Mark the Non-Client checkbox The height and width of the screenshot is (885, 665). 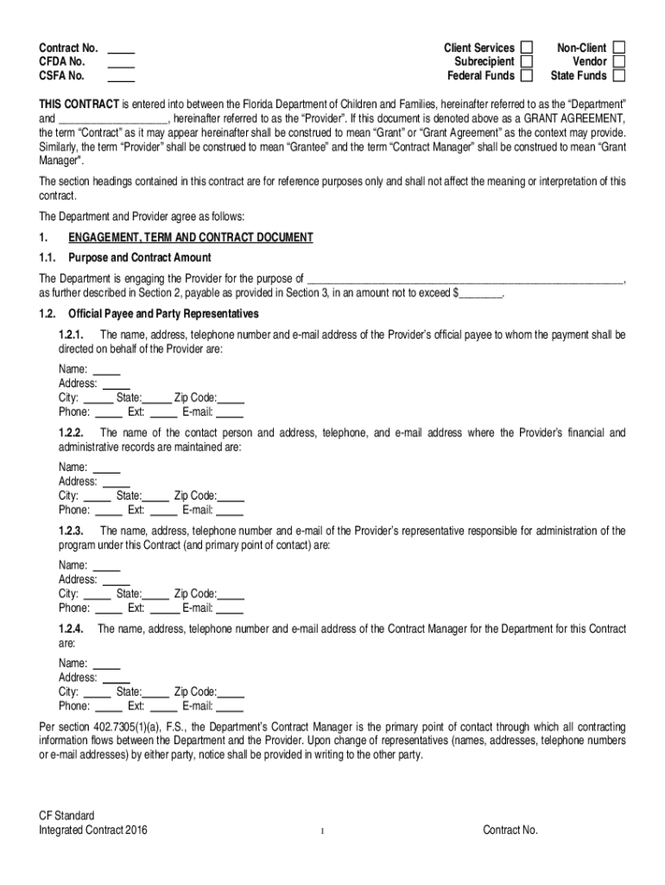click(x=618, y=48)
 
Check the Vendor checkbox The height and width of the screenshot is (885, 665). click(x=618, y=61)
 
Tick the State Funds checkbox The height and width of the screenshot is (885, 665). click(x=618, y=76)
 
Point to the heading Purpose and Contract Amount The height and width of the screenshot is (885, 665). click(x=140, y=258)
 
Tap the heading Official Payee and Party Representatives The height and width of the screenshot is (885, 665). click(x=163, y=313)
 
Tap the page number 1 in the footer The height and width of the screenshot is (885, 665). click(x=321, y=831)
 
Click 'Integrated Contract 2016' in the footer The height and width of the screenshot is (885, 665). click(x=93, y=831)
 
